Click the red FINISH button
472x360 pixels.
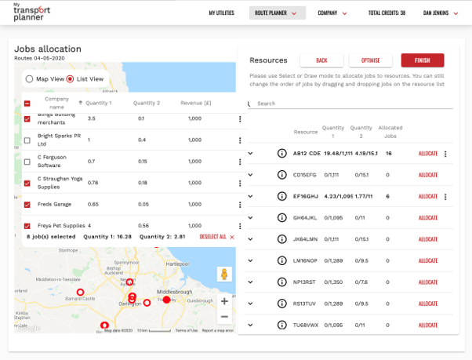click(423, 60)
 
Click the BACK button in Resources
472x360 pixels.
click(321, 60)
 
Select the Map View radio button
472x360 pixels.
click(30, 79)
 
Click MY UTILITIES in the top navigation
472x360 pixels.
click(222, 13)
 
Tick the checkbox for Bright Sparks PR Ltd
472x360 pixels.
click(27, 140)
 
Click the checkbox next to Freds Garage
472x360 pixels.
click(27, 205)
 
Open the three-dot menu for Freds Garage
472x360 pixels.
click(240, 205)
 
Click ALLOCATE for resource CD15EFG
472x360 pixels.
click(428, 174)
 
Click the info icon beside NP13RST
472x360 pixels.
click(282, 282)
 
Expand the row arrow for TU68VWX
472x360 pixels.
click(251, 325)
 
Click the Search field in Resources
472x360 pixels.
click(353, 104)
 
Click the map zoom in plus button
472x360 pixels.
click(224, 301)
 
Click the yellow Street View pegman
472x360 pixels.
click(224, 274)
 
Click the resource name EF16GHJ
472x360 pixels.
click(306, 196)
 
